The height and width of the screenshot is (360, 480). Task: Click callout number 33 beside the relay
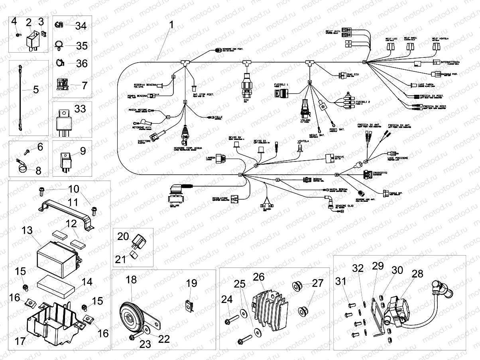click(80, 109)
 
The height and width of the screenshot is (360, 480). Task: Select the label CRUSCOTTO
click(381, 173)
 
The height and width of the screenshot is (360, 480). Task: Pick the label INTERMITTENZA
click(451, 63)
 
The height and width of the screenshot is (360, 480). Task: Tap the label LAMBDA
click(210, 158)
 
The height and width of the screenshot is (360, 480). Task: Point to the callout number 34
click(81, 27)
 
